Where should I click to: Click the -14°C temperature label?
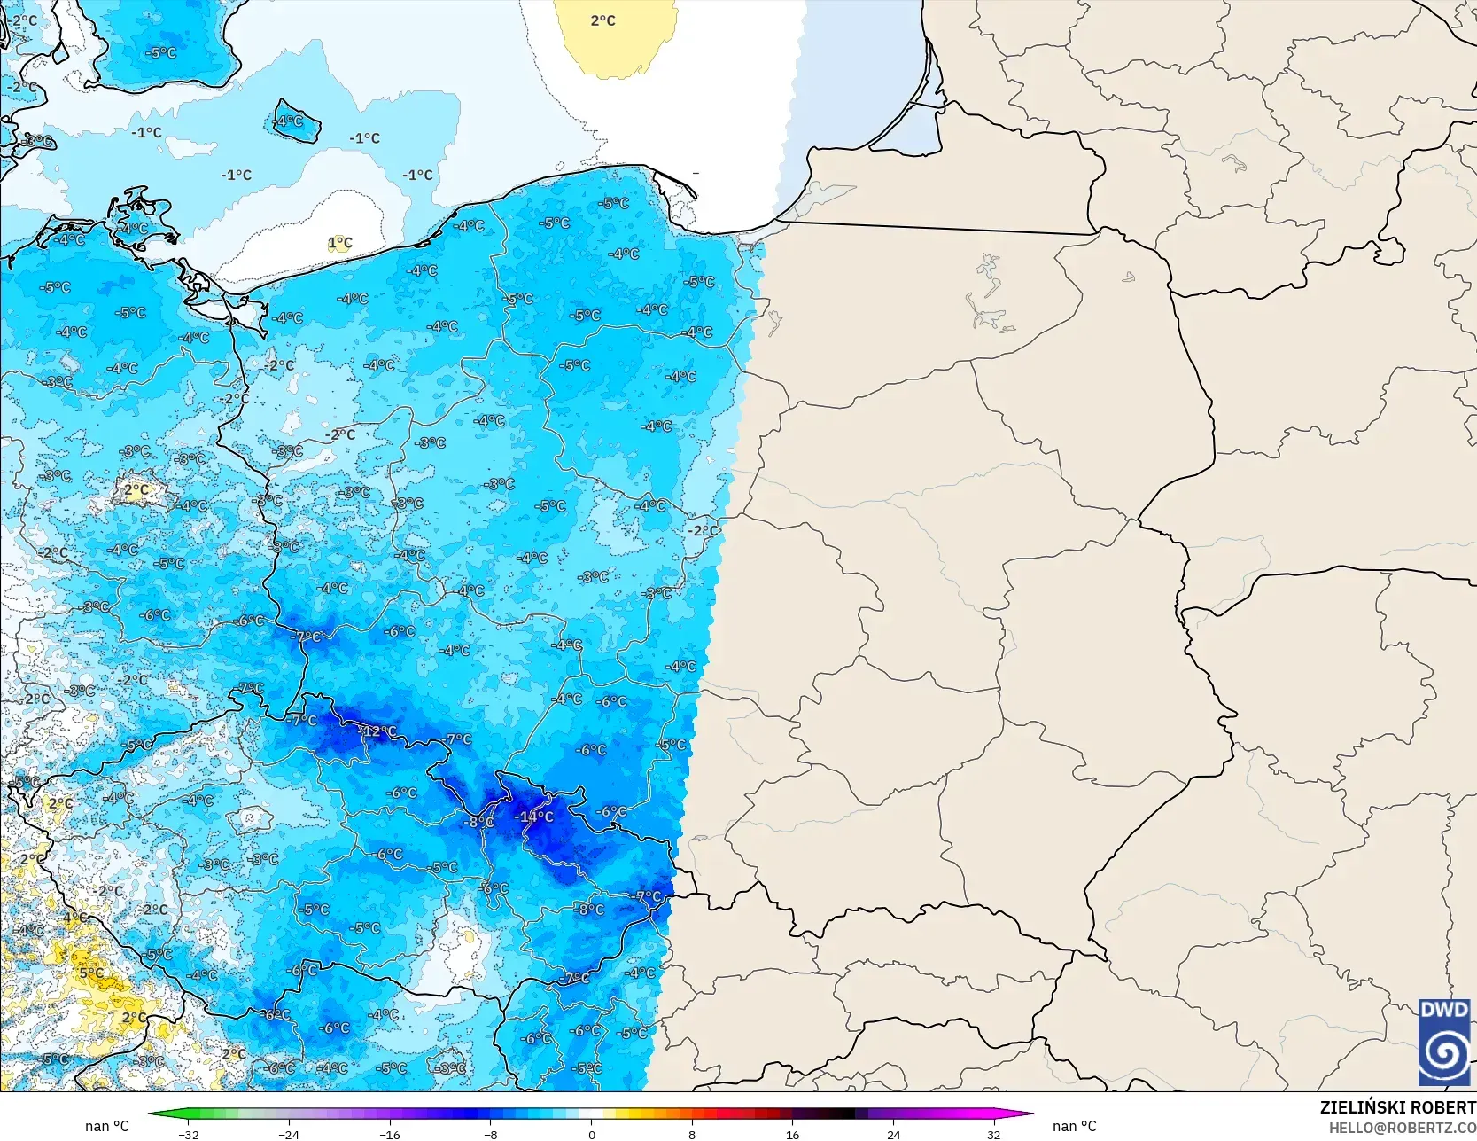pyautogui.click(x=535, y=817)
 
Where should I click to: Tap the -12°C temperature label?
pyautogui.click(x=377, y=731)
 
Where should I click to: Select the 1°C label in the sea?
pyautogui.click(x=340, y=243)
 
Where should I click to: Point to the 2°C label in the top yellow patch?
pyautogui.click(x=602, y=20)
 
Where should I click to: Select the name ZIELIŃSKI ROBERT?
pyautogui.click(x=1397, y=1107)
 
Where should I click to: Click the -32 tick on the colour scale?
pyautogui.click(x=188, y=1134)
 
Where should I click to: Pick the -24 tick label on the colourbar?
pyautogui.click(x=289, y=1134)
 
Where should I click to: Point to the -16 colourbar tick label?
pyautogui.click(x=389, y=1134)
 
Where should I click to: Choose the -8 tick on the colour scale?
pyautogui.click(x=490, y=1134)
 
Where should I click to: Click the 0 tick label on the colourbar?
pyautogui.click(x=591, y=1134)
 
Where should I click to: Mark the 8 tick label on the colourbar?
pyautogui.click(x=692, y=1134)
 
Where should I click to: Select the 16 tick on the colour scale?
pyautogui.click(x=792, y=1134)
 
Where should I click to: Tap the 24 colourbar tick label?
pyautogui.click(x=893, y=1134)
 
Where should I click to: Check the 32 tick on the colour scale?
pyautogui.click(x=993, y=1134)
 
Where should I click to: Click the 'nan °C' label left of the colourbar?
pyautogui.click(x=107, y=1126)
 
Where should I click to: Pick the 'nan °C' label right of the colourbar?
pyautogui.click(x=1075, y=1126)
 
